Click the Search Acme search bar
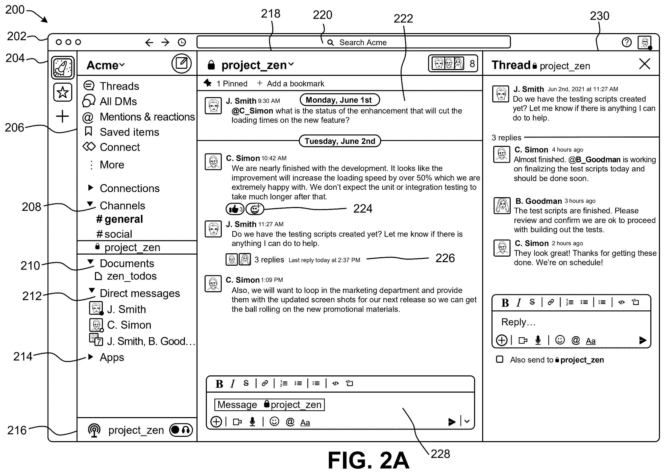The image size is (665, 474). coord(353,42)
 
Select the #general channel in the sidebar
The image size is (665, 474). coord(119,219)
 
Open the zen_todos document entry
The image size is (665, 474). coord(126,276)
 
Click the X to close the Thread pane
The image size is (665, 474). coord(644,64)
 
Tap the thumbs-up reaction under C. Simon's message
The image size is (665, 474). coord(235,209)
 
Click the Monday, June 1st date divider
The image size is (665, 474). coord(340,100)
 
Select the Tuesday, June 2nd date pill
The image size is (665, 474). coord(340,141)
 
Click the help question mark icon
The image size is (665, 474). coord(627,42)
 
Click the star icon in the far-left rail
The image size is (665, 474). coord(63,92)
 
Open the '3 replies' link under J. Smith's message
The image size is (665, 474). coord(269,259)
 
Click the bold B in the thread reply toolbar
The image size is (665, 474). coord(505,303)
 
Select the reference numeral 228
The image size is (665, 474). coord(440,454)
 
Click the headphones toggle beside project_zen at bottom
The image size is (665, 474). coord(181,430)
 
